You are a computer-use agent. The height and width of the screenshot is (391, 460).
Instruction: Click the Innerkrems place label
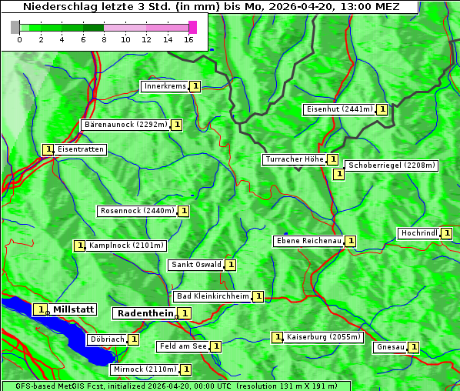coord(165,86)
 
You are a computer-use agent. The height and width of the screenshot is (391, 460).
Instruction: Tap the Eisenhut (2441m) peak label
coord(339,109)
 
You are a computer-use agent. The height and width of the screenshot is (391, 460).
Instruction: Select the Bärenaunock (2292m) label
coord(125,124)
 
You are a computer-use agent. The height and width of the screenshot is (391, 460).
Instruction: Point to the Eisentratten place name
coord(80,149)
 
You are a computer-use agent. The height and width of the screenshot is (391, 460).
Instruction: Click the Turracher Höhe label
coord(294,159)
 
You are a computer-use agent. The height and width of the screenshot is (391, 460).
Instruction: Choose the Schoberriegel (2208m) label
coord(392,165)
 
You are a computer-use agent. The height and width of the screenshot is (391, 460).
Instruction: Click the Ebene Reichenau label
coord(308,241)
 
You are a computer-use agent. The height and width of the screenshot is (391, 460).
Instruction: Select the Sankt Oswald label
coord(196,265)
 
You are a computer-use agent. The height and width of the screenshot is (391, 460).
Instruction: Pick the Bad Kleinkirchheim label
coord(213,296)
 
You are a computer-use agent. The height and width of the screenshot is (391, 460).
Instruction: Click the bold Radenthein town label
coord(145,312)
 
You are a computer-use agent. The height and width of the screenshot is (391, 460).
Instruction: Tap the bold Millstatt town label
coord(73,309)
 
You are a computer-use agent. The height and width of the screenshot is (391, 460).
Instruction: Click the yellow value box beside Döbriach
coord(133,339)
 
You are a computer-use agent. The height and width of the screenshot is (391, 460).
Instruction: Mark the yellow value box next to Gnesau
coord(413,347)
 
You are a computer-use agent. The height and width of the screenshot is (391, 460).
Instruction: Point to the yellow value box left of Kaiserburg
coord(277,337)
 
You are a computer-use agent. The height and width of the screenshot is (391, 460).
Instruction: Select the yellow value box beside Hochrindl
coord(447,233)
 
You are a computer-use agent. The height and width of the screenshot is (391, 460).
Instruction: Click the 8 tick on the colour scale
coord(104,39)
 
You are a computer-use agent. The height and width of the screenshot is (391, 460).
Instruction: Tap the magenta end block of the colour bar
coord(192,27)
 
